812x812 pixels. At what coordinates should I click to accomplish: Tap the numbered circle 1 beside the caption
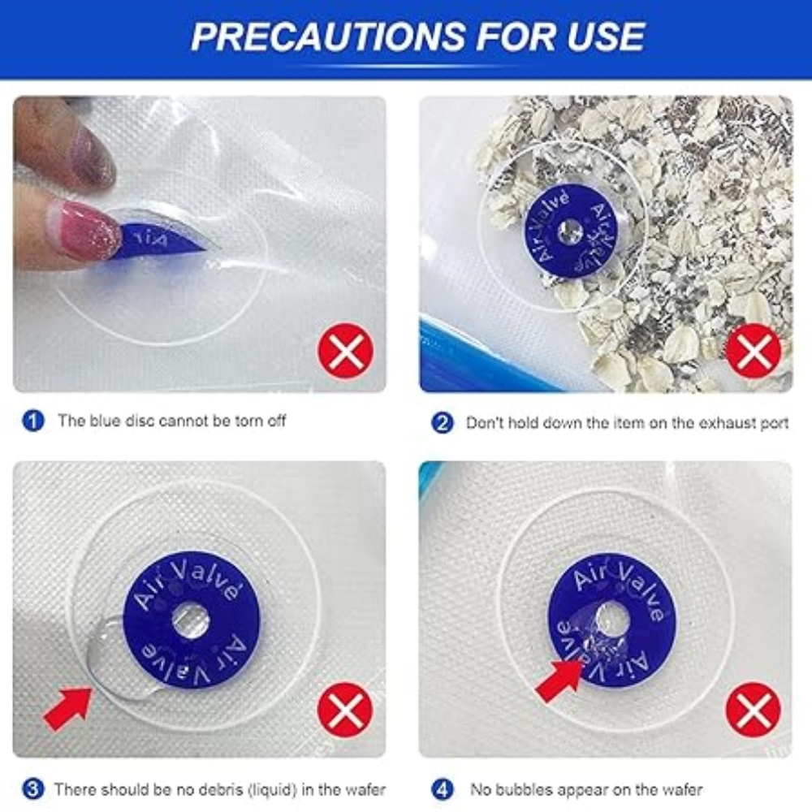(32, 421)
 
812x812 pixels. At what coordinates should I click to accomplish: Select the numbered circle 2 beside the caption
(442, 423)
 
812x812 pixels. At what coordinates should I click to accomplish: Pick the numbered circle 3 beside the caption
(32, 788)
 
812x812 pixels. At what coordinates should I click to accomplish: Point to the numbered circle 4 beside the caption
(442, 788)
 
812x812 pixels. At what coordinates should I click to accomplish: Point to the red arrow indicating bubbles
(559, 679)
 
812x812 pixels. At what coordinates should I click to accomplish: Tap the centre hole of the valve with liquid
(191, 622)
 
